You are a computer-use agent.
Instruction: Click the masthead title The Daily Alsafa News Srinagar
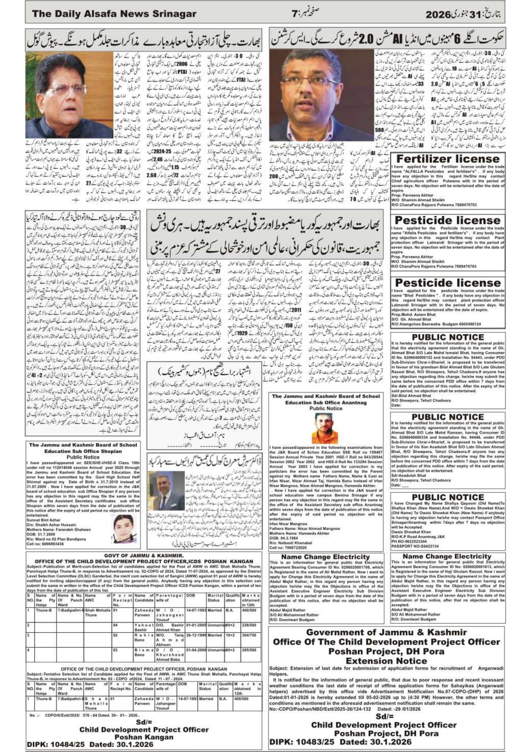tap(114, 14)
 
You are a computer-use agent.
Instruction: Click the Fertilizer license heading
tap(447, 159)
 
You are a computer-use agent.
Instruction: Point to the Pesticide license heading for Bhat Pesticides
tap(447, 283)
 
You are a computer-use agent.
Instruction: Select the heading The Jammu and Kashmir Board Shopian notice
tap(83, 448)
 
